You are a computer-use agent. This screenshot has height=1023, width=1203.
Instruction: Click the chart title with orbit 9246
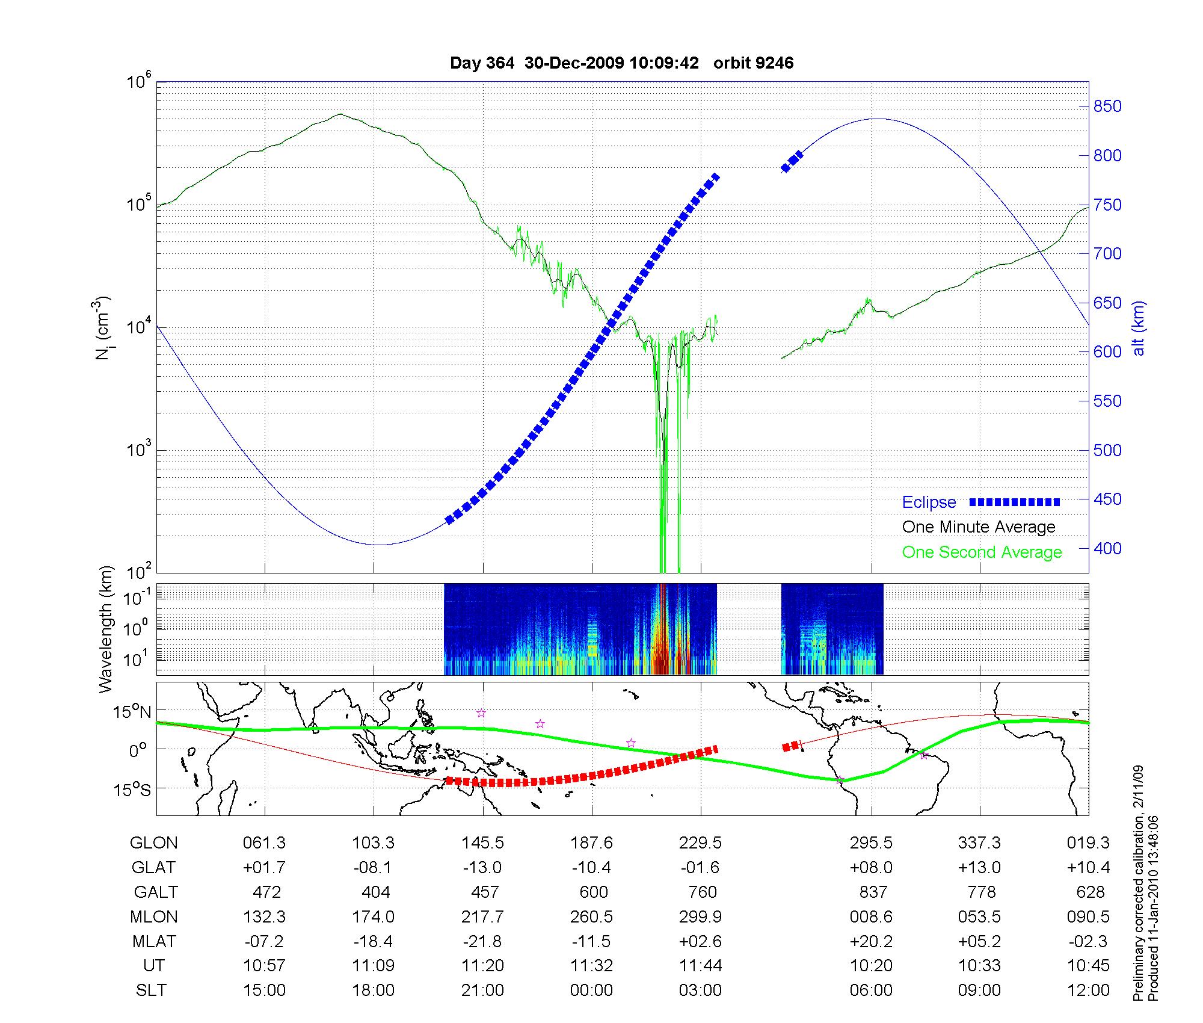tap(621, 63)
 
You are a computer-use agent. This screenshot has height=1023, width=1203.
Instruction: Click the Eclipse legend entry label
tap(929, 502)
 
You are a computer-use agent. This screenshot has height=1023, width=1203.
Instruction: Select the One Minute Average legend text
tap(979, 527)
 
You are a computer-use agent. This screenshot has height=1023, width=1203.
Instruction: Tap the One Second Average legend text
tap(982, 552)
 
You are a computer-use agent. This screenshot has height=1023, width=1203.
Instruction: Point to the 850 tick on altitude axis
tap(1107, 107)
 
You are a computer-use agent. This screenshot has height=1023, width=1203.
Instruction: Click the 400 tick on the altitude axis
tap(1107, 548)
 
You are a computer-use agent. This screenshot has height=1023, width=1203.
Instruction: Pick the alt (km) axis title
tap(1139, 328)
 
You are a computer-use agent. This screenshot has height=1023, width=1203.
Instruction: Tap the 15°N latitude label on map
tap(132, 712)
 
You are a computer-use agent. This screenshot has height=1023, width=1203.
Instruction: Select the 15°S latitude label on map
tap(132, 789)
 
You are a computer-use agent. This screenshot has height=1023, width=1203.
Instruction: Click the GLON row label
tap(153, 843)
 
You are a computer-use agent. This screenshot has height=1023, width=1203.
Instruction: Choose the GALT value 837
tap(873, 892)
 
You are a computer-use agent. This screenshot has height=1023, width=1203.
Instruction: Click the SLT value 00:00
tap(592, 990)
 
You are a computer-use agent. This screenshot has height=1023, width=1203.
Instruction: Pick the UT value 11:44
tap(701, 965)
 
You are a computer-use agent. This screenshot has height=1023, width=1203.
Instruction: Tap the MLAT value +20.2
tap(871, 941)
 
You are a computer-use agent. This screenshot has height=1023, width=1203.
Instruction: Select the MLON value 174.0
tap(374, 916)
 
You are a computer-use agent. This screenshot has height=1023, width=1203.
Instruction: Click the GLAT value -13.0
tap(482, 868)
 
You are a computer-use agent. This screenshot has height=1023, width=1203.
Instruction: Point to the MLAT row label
tap(154, 941)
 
